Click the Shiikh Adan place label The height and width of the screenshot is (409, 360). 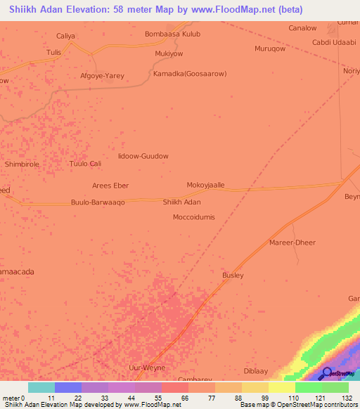click(182, 202)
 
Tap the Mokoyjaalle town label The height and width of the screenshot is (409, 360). click(205, 185)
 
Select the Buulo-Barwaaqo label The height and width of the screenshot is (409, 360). click(98, 202)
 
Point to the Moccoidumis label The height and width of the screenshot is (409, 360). click(194, 217)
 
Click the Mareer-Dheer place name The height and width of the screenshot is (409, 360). click(292, 242)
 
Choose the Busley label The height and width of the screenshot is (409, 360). click(233, 275)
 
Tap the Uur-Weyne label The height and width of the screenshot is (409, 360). click(147, 368)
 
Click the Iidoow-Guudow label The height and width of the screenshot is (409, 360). click(144, 156)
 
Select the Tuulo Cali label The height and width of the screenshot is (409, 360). click(86, 164)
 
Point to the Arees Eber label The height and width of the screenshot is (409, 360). click(110, 186)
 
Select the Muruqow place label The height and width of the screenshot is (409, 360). click(270, 48)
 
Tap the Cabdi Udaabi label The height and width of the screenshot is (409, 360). click(334, 43)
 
